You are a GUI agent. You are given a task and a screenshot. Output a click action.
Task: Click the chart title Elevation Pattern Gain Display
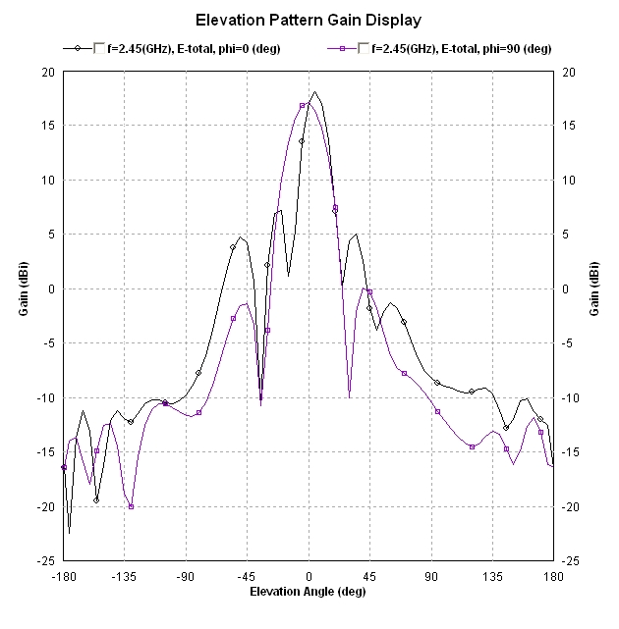309,20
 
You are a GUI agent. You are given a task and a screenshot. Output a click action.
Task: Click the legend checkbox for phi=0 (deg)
99,47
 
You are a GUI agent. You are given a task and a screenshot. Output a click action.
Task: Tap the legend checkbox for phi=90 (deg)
365,47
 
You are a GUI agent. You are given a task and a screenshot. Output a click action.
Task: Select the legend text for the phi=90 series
460,47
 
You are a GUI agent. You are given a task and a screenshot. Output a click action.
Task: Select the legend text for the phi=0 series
193,47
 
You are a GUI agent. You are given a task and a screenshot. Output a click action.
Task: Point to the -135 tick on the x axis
125,576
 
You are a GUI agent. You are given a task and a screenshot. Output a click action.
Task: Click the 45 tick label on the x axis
370,576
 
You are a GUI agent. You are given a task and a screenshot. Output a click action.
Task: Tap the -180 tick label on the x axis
64,576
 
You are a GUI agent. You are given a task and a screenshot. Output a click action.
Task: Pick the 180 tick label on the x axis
554,576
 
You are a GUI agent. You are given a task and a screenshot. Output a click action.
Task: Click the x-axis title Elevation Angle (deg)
309,592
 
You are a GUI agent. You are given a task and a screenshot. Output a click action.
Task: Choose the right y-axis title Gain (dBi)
596,289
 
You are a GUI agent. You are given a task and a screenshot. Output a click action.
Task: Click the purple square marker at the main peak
303,106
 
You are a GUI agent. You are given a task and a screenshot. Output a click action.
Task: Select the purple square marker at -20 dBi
131,506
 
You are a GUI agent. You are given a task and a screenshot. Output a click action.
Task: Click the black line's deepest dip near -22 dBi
70,533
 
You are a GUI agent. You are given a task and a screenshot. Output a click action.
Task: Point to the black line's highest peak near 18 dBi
314,92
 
